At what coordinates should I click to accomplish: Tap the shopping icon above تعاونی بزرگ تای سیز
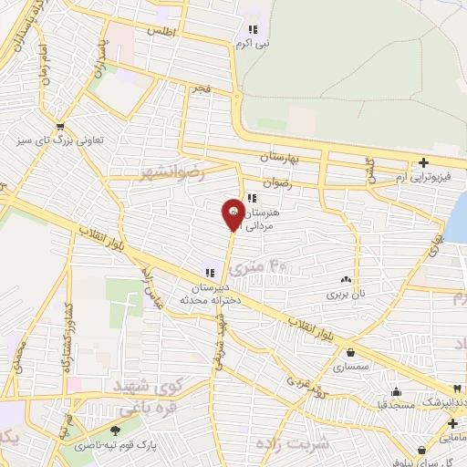click(60, 127)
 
